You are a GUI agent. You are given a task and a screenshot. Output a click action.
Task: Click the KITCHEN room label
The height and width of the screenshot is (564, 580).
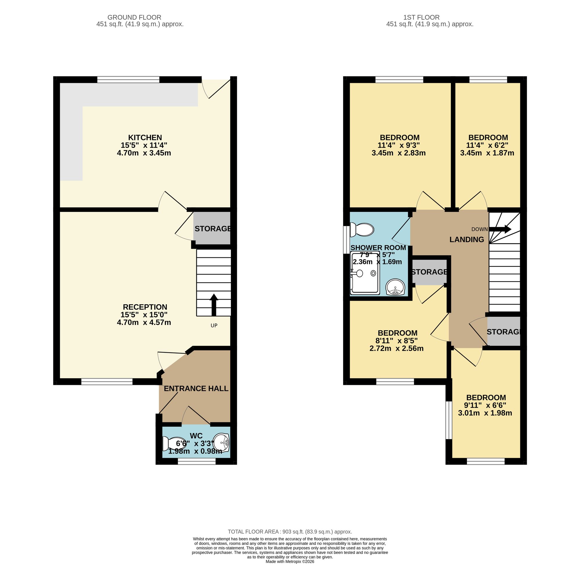[145, 137]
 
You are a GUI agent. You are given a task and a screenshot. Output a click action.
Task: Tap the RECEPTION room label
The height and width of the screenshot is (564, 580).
[145, 307]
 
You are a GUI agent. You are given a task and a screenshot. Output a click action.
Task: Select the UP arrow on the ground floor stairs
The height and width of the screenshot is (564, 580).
[214, 305]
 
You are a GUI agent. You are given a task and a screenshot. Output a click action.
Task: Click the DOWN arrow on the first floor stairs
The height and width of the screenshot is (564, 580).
[500, 229]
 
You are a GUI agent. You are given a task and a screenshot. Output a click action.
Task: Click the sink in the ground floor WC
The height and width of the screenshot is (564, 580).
[222, 443]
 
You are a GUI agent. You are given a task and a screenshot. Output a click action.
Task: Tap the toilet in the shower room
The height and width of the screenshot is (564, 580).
[362, 230]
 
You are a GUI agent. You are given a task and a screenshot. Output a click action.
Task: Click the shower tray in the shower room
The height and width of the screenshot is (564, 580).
[365, 273]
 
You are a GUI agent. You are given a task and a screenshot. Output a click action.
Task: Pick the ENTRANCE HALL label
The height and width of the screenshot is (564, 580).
[196, 388]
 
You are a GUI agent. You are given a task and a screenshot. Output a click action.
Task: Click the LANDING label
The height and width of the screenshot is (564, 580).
[467, 239]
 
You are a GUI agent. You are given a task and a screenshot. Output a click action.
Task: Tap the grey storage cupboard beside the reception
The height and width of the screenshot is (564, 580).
[212, 228]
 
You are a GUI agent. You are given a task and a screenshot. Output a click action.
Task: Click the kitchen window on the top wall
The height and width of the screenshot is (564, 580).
[128, 79]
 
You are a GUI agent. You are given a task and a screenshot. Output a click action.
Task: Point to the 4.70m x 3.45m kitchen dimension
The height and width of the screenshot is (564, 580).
[144, 153]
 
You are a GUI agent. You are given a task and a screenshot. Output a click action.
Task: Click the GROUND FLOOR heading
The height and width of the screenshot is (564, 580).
[134, 17]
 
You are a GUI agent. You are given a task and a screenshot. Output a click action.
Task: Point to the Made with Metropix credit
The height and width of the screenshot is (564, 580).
[290, 561]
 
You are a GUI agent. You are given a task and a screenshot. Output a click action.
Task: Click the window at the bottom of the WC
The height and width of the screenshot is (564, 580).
[197, 461]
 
